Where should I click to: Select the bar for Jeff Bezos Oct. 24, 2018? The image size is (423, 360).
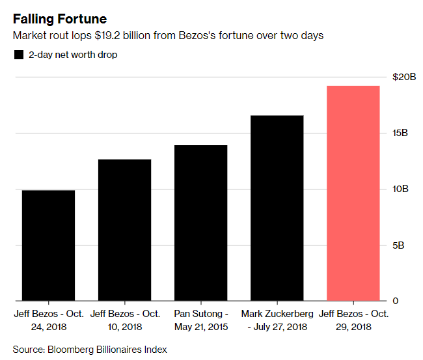pos(48,245)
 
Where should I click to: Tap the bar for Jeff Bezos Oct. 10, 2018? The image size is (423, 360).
pos(124,230)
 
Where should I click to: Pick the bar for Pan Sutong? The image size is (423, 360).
pos(200,223)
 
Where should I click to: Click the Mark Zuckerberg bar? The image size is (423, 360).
pos(277,208)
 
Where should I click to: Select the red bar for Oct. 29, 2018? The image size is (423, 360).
pos(353,193)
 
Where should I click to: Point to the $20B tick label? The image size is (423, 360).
pos(403,77)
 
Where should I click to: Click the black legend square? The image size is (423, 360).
pos(18,55)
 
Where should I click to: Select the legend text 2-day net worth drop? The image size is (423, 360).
pos(72,55)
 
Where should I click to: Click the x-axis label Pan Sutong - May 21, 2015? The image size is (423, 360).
pos(200,320)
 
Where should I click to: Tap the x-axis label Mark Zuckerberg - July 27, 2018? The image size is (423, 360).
pos(277,320)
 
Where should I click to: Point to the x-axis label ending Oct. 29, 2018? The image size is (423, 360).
pos(353,320)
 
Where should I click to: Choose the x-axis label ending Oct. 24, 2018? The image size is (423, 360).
pos(48,320)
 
